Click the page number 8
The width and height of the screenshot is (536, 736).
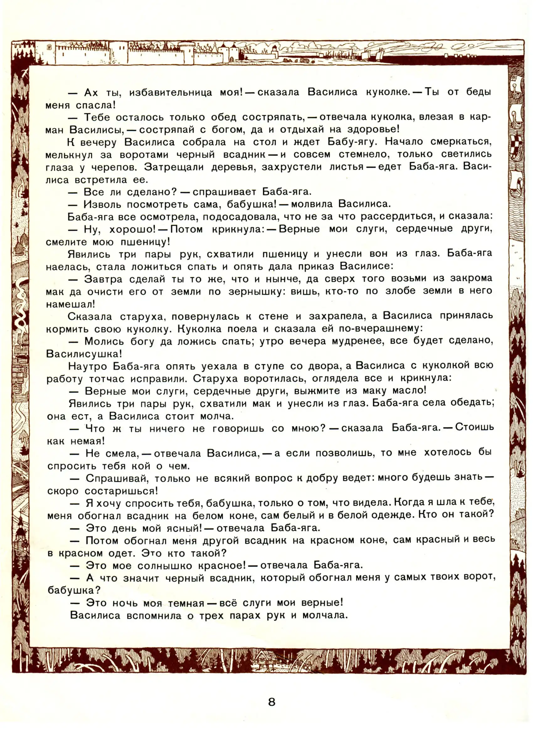272,702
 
